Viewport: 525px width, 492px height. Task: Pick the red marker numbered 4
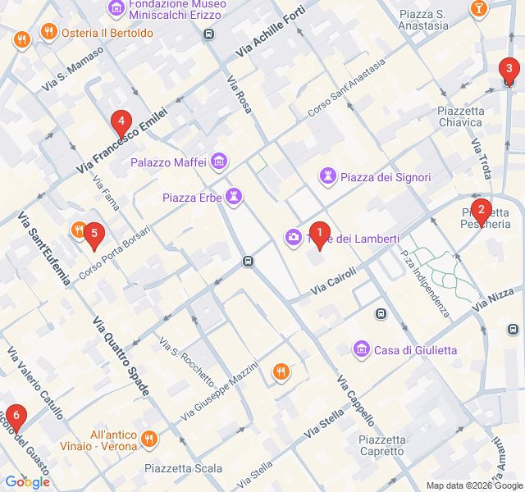pyautogui.click(x=121, y=124)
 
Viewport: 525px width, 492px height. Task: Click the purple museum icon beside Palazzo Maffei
pyautogui.click(x=219, y=162)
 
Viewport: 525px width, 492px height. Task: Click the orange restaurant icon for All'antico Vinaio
pyautogui.click(x=149, y=439)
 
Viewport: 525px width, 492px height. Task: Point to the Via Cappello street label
pyautogui.click(x=356, y=401)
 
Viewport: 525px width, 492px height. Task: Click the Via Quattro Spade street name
pyautogui.click(x=121, y=357)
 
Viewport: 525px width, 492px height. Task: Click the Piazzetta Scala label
pyautogui.click(x=183, y=468)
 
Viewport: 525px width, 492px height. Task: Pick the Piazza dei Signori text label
pyautogui.click(x=386, y=177)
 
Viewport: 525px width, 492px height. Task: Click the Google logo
pyautogui.click(x=27, y=482)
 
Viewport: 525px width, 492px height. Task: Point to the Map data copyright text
pyautogui.click(x=473, y=485)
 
